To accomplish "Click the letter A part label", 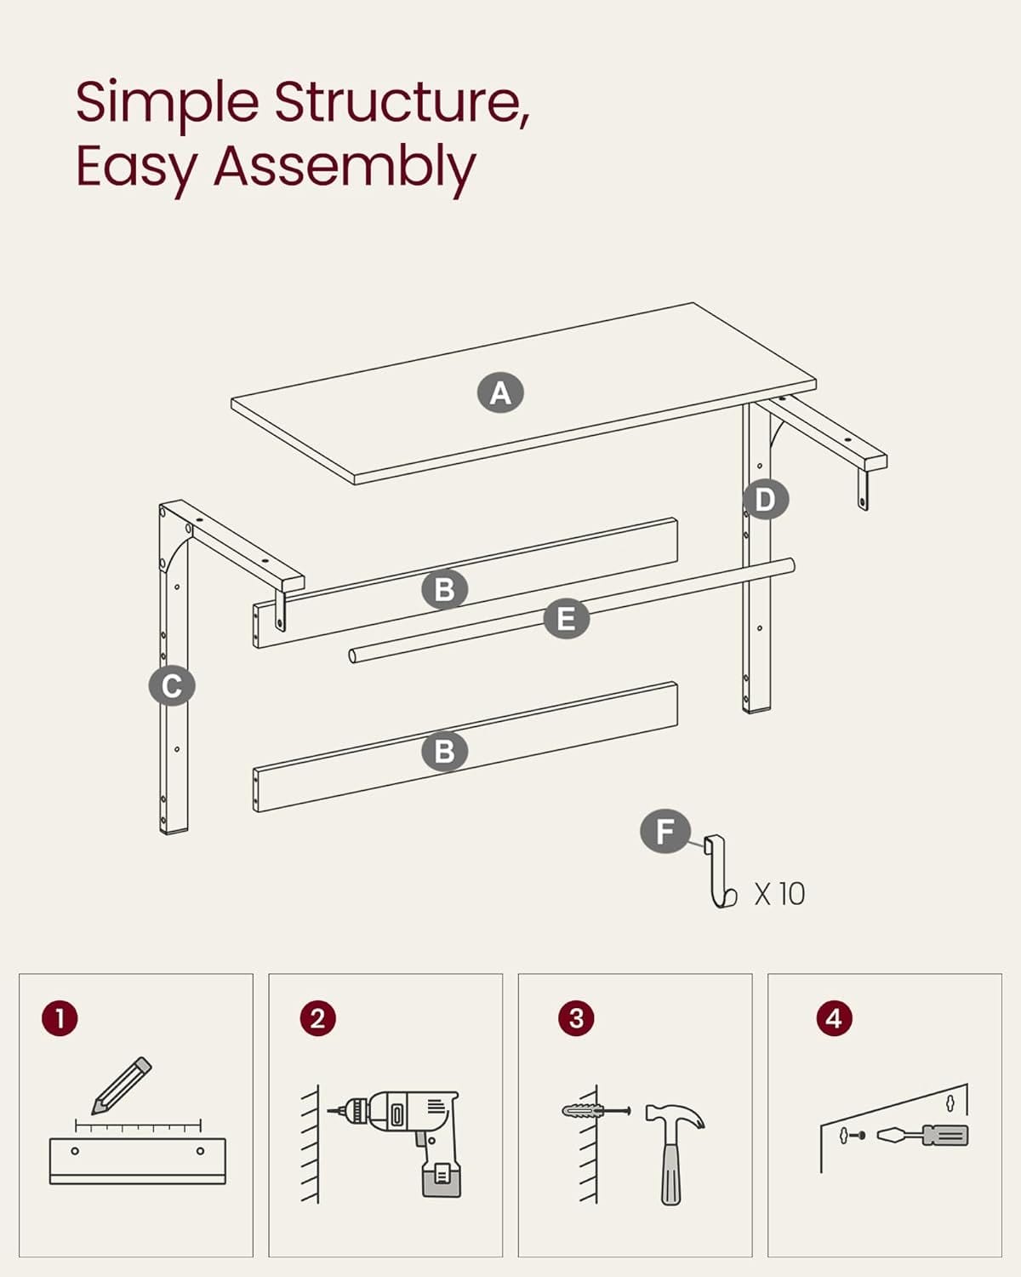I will click(500, 393).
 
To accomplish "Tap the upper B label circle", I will click(444, 589).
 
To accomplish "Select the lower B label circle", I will click(444, 752).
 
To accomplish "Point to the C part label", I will click(172, 686).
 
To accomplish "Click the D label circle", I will click(765, 500).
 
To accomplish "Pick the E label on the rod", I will click(566, 619).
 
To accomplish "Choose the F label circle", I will click(665, 831).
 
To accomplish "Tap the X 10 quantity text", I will click(779, 894).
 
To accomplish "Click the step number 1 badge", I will click(60, 1018).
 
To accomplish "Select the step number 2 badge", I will click(317, 1018).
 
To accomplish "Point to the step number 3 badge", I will click(576, 1018).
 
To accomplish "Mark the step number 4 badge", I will click(834, 1018).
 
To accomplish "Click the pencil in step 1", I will click(122, 1085).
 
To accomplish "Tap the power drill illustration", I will click(408, 1132).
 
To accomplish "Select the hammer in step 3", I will click(672, 1149).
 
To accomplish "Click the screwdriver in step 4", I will click(923, 1135).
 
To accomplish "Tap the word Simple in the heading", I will click(167, 102).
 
